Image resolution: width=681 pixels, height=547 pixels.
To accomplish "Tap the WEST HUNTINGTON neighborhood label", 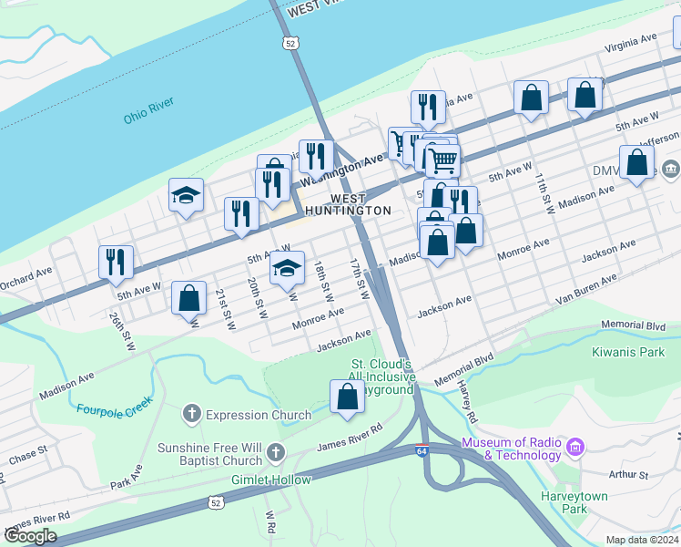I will tap(348, 204).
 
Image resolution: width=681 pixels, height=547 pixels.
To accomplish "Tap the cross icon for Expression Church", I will tap(191, 415).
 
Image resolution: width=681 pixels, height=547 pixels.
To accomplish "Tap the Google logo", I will tap(30, 536).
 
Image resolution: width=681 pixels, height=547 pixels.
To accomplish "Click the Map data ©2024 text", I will tap(642, 540).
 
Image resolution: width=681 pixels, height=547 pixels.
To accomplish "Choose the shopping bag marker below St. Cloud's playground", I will tap(347, 397).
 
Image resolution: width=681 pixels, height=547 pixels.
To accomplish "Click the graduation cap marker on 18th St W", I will tap(287, 267).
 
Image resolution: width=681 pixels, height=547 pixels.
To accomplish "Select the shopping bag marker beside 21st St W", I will tap(189, 298).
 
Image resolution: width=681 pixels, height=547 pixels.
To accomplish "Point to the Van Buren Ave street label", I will tap(586, 289).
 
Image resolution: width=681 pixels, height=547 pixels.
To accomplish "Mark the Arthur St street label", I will tap(628, 475).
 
